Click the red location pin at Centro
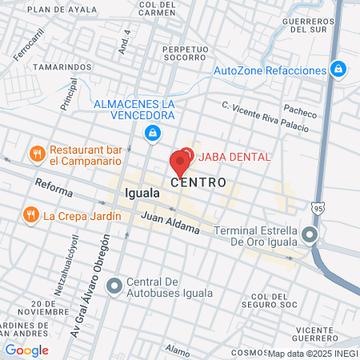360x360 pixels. tap(179, 162)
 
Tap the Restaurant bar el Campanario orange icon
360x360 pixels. tap(35, 153)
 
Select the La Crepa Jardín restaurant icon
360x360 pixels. tap(30, 214)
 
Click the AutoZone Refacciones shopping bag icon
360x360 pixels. tap(338, 70)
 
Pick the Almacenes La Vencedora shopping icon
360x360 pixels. tap(151, 133)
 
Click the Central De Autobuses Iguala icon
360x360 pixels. tap(115, 285)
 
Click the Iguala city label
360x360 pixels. tap(142, 194)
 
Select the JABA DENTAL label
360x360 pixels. tap(234, 156)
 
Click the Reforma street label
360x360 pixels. tap(54, 189)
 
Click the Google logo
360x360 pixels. tap(27, 350)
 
